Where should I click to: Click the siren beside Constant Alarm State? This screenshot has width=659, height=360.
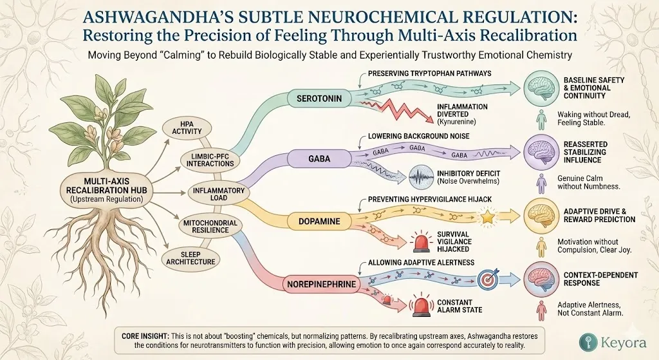(x=422, y=305)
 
